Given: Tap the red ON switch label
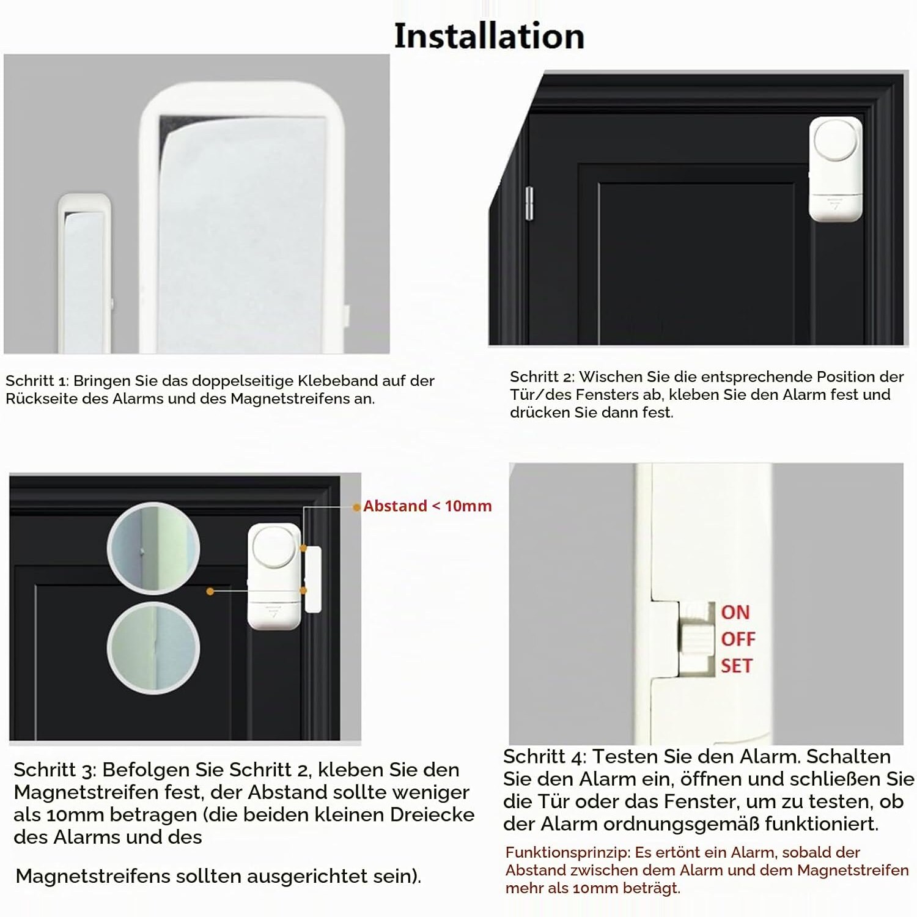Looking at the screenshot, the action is coord(735,612).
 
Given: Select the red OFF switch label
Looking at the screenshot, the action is coord(738,639).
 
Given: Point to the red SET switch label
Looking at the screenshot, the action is coord(737,666).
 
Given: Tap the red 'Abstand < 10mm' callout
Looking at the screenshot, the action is coord(427,506).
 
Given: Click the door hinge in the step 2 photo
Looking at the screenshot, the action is coord(528,204).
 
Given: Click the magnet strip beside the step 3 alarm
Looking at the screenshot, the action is coord(312,579).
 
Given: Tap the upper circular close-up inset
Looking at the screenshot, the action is coord(153,548).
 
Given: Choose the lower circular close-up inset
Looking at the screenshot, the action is coord(153,647).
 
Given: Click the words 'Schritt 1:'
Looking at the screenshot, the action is coord(37,381).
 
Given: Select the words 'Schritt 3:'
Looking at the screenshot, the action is coord(55,770).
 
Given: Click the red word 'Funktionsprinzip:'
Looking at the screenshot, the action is coord(568,853).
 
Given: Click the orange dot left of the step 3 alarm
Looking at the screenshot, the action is coord(210,591).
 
